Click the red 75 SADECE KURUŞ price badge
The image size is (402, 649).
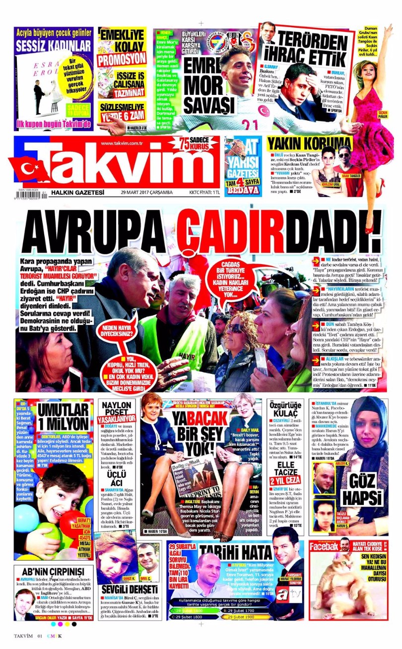199,144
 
